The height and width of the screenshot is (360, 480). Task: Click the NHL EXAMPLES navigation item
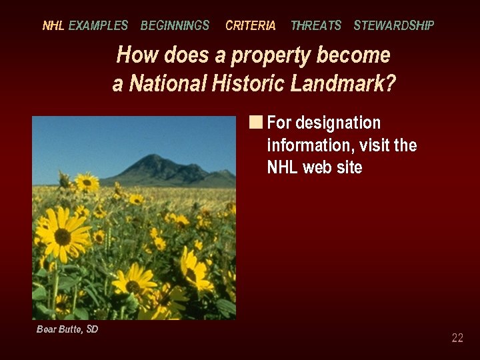point(85,26)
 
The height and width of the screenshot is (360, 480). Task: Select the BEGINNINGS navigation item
point(175,26)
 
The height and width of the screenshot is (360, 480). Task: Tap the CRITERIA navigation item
point(250,26)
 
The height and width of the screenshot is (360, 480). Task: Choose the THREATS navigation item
point(315,26)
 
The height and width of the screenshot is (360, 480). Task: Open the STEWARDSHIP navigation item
point(393,26)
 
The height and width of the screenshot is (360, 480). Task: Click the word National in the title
point(167,84)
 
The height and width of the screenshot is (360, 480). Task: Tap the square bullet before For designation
point(256,122)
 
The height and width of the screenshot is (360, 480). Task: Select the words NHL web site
point(314,167)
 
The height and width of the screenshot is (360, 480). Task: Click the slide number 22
point(457,338)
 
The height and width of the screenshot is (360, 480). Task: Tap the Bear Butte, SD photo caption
point(67,329)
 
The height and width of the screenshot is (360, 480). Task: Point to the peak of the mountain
point(154,156)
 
